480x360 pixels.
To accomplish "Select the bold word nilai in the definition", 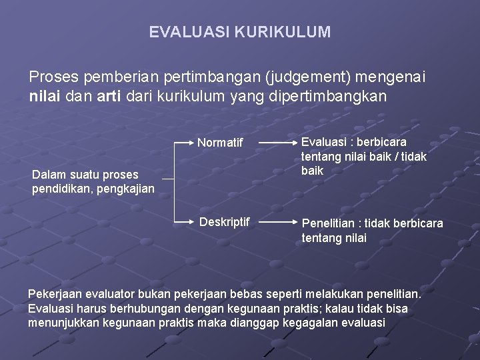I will click(45, 96).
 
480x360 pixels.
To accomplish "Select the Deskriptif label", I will click(225, 221).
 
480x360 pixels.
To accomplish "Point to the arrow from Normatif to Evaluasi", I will click(275, 143).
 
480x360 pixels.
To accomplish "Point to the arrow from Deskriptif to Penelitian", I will click(275, 221).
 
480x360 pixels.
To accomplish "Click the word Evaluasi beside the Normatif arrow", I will click(323, 142).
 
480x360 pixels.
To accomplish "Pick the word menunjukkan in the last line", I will click(61, 323).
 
